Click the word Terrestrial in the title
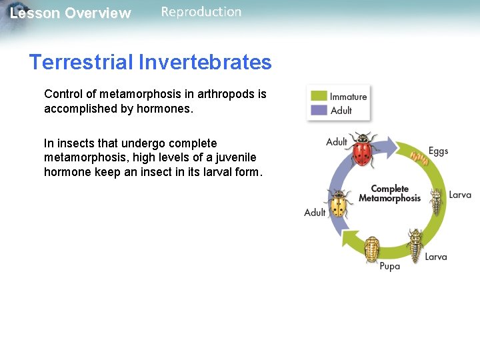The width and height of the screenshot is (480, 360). [x=81, y=62]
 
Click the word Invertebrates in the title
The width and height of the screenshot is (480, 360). [x=205, y=62]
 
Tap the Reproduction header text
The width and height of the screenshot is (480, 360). [x=201, y=11]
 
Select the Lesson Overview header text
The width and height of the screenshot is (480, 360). [x=71, y=13]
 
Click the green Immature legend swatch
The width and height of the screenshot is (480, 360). [x=319, y=96]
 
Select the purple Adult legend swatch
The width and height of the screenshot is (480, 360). [x=319, y=110]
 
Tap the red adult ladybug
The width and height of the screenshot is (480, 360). [x=362, y=151]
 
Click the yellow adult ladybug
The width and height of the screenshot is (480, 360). [x=339, y=203]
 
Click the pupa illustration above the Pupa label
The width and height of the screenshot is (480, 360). [x=372, y=249]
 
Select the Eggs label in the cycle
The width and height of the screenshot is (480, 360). [x=438, y=151]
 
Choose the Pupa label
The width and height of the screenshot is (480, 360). [x=390, y=266]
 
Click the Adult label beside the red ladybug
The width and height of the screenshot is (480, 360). [x=337, y=142]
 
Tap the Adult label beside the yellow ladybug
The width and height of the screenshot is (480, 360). [x=315, y=213]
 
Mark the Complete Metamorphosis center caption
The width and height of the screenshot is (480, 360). [x=389, y=193]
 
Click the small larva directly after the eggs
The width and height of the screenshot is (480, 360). [x=436, y=200]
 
